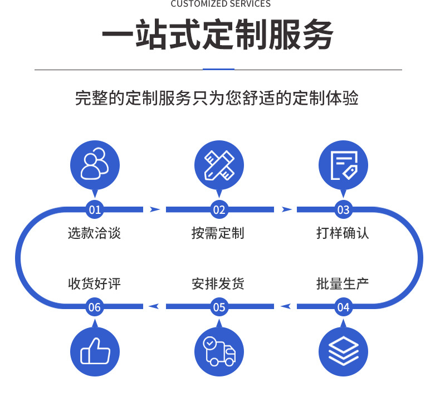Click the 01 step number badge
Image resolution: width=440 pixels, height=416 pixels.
(95, 210)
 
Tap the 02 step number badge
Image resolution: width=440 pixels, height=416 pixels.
(219, 210)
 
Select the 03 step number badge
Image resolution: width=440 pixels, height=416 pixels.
(343, 210)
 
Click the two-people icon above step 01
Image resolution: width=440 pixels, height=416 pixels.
(95, 165)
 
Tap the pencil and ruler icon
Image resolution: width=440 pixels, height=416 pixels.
(219, 165)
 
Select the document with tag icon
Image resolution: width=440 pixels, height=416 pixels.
(343, 165)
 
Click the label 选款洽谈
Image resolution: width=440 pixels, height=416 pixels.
(94, 233)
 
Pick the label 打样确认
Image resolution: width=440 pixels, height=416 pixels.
(343, 233)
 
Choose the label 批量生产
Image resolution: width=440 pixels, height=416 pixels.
(343, 285)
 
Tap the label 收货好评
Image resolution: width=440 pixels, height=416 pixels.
(94, 285)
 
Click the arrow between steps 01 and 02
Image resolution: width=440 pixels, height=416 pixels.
(155, 210)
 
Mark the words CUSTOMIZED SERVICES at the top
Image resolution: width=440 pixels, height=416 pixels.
(220, 4)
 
